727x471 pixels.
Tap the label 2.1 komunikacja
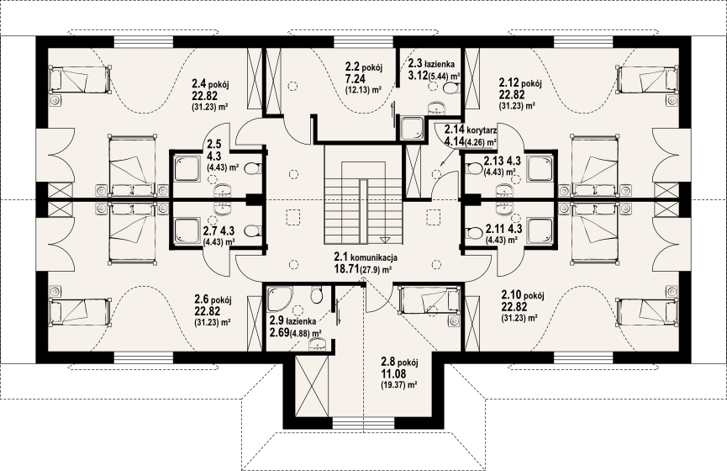[366, 257]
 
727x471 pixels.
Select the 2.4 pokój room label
[211, 84]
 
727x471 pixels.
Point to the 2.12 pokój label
[520, 83]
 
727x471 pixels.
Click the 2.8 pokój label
[400, 362]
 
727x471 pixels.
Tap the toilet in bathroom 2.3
[450, 87]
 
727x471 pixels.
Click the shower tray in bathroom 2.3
[412, 128]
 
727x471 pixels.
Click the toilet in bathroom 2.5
[251, 168]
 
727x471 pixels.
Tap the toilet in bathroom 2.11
[474, 231]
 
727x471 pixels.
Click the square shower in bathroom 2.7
[187, 231]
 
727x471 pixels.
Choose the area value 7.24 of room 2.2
[356, 79]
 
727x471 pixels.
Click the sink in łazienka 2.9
[318, 343]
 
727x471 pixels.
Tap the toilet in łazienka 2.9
[317, 294]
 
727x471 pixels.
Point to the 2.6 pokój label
[213, 299]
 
